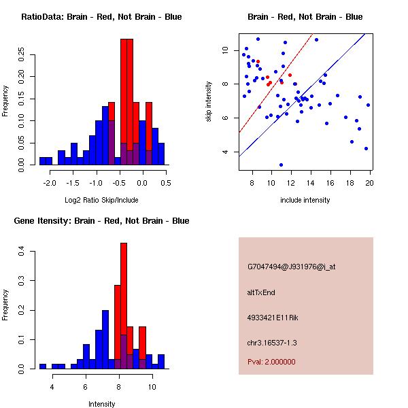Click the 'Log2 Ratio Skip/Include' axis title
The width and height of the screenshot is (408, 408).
pyautogui.click(x=102, y=200)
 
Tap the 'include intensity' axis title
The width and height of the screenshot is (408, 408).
pyautogui.click(x=305, y=200)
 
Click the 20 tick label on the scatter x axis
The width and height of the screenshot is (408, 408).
pyautogui.click(x=370, y=183)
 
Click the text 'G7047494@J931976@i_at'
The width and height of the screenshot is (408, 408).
pyautogui.click(x=291, y=267)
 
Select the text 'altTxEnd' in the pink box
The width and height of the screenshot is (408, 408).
pyautogui.click(x=261, y=292)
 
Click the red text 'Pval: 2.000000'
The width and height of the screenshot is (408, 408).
pyautogui.click(x=271, y=362)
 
